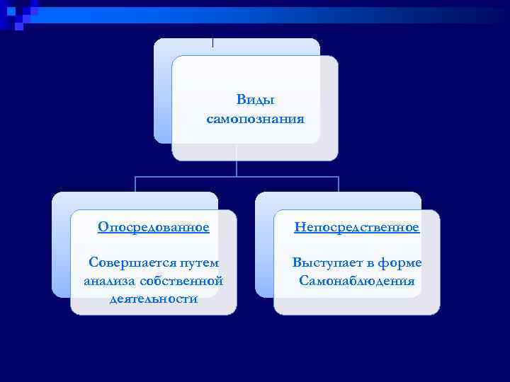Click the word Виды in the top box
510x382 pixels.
click(255, 101)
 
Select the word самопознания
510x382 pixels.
click(255, 119)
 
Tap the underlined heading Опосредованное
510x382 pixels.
click(154, 227)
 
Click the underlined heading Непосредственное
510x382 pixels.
click(357, 227)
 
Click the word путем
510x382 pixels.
click(198, 262)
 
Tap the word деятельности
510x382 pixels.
click(154, 299)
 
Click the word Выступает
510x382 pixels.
click(327, 262)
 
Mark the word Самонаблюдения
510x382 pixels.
click(357, 281)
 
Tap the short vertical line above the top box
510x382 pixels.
click(213, 41)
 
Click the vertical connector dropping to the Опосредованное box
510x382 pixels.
click(135, 185)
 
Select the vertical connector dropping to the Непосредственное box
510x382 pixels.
click(339, 185)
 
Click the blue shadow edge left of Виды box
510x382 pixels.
click(162, 99)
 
